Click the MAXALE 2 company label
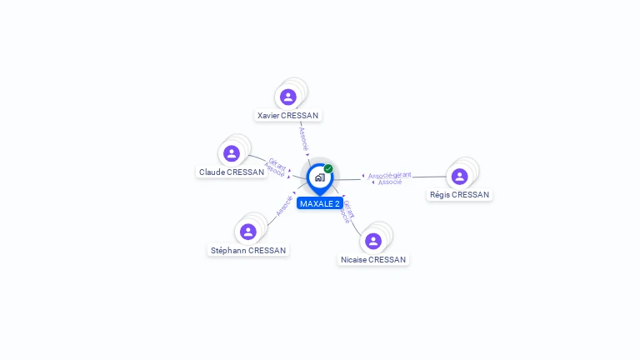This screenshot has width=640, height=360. click(320, 203)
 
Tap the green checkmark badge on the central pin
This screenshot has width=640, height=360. click(328, 168)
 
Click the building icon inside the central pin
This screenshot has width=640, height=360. click(319, 177)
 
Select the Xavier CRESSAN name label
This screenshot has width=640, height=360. click(288, 116)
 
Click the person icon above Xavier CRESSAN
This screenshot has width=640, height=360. click(288, 97)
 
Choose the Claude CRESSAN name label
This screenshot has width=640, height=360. click(232, 172)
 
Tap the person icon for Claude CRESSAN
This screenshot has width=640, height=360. click(232, 153)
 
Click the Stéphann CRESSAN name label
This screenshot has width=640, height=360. click(248, 251)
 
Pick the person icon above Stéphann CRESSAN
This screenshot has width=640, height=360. click(248, 232)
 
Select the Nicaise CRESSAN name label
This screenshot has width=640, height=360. click(373, 260)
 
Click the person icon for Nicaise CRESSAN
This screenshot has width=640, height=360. click(373, 241)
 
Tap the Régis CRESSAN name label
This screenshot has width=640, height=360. click(459, 195)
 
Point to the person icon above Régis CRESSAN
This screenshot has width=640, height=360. click(459, 177)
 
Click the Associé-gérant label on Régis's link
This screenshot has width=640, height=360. click(390, 175)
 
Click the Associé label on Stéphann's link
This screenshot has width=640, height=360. click(283, 206)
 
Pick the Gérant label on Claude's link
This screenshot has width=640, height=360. click(277, 163)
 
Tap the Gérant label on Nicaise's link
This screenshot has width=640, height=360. click(349, 207)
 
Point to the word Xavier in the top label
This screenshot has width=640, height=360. click(268, 116)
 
